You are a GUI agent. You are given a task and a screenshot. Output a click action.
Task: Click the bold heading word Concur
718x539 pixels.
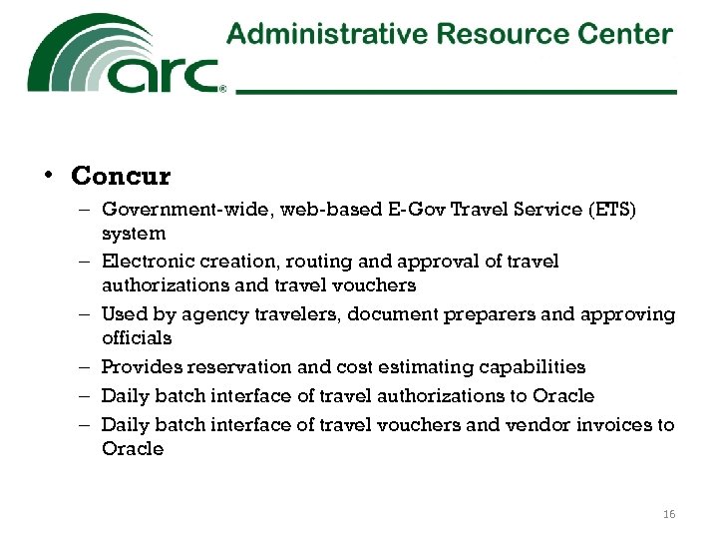pyautogui.click(x=121, y=177)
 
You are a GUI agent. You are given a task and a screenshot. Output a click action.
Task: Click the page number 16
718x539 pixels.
pyautogui.click(x=668, y=514)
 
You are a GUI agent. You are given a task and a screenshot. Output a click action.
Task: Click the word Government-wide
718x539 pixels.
pyautogui.click(x=175, y=210)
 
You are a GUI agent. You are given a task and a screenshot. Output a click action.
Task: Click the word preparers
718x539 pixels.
pyautogui.click(x=480, y=315)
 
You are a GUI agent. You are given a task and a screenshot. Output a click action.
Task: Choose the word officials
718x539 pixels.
pyautogui.click(x=137, y=338)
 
